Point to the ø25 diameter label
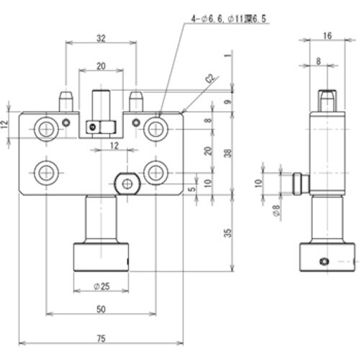101,287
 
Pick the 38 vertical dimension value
227,153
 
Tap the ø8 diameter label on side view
276,211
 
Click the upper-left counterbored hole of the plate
47,129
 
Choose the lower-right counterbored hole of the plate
154,172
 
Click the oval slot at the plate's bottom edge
127,184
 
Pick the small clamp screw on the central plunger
91,127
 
